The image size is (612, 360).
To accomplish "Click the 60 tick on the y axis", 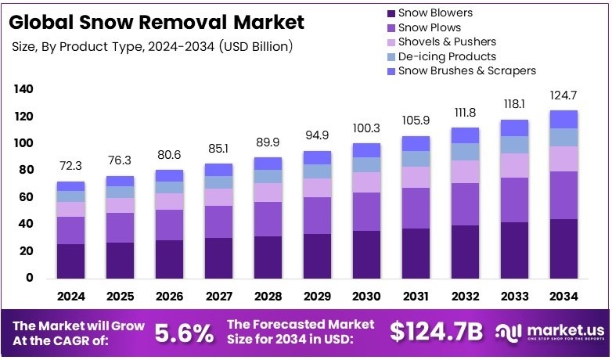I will click(26, 197).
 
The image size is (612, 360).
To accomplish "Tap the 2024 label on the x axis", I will click(70, 297).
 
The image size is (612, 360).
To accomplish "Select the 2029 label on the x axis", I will click(317, 297).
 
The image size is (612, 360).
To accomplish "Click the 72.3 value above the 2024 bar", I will click(70, 167).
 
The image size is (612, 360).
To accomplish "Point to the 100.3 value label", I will click(366, 128).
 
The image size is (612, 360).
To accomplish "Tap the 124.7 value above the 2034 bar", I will click(563, 95).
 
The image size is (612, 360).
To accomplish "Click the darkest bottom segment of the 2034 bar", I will click(563, 249).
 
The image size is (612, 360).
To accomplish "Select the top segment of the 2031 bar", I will click(416, 143).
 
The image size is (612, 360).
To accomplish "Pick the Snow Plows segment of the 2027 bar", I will click(218, 221).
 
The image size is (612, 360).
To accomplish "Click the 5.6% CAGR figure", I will click(184, 333).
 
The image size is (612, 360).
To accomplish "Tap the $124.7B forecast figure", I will click(437, 332).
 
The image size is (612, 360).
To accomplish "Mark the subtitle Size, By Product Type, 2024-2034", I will click(153, 47).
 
